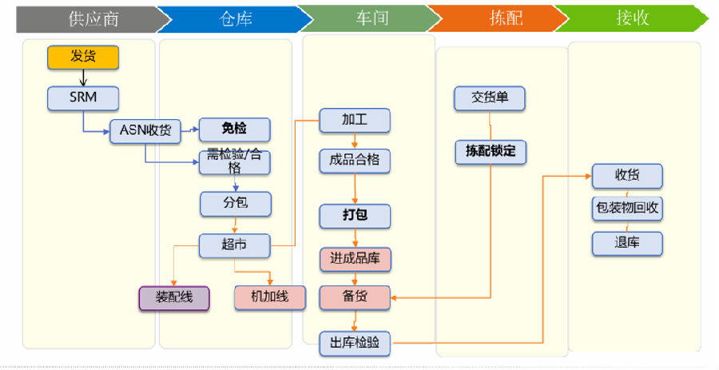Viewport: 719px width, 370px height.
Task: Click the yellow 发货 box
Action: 83,57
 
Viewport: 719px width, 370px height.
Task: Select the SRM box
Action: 83,98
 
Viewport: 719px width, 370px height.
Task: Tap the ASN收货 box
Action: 145,129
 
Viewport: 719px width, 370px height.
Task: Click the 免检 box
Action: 235,129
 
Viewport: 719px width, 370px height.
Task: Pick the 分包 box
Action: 235,204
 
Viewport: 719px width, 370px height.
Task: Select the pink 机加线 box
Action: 270,297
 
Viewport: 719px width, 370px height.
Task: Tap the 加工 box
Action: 355,120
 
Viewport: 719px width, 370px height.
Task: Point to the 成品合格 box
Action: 355,161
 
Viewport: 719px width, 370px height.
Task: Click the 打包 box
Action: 355,216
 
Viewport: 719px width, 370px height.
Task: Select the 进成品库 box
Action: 355,258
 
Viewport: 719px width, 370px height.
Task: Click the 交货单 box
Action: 491,98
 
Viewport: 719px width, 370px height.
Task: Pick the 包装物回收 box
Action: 627,209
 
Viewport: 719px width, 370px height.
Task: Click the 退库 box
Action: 627,243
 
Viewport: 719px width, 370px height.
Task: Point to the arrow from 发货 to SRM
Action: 83,78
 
